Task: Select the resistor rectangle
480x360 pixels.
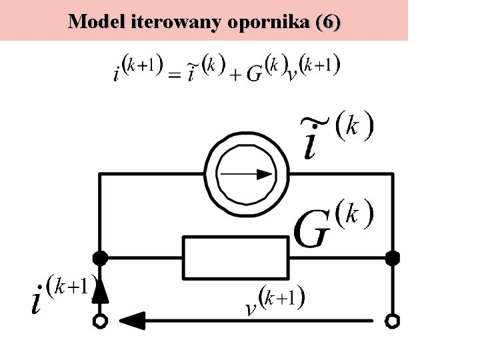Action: (x=236, y=257)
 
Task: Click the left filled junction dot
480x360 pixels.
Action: (x=100, y=257)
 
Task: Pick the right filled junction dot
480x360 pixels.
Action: (x=393, y=257)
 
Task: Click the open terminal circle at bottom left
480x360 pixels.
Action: (x=100, y=321)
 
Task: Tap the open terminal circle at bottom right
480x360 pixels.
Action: (x=393, y=321)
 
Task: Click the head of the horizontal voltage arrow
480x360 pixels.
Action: (x=131, y=321)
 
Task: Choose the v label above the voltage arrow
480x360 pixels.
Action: (x=251, y=309)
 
